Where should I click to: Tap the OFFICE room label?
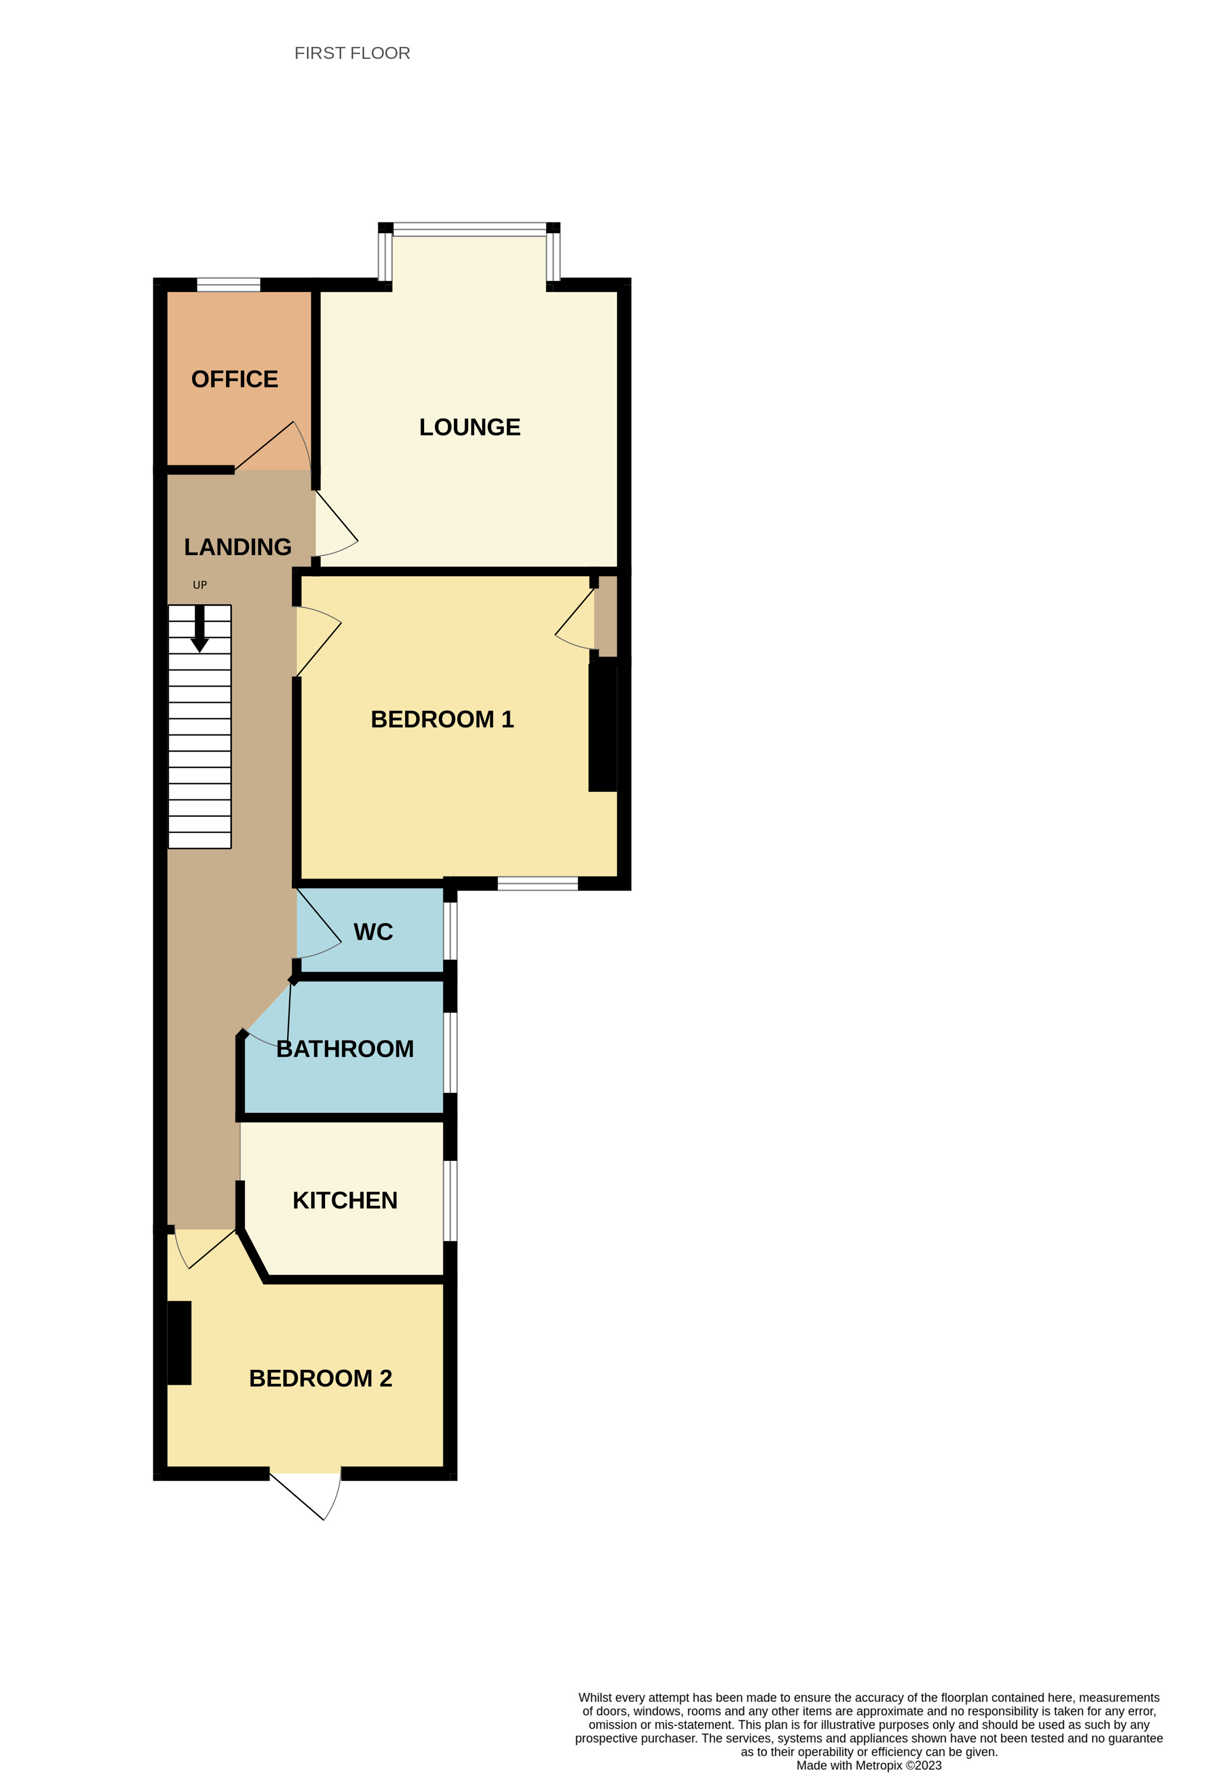pos(234,379)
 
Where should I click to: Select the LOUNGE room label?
pos(469,427)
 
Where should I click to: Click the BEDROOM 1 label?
pos(442,719)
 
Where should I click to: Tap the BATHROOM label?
pos(345,1049)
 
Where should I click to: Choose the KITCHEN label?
pos(345,1200)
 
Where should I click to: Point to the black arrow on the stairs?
pos(200,629)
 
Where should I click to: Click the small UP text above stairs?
pos(200,585)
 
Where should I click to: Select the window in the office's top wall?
pos(228,284)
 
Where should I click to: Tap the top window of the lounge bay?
pos(469,228)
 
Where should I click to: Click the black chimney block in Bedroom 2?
pos(179,1343)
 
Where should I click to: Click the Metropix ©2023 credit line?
pos(868,1765)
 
